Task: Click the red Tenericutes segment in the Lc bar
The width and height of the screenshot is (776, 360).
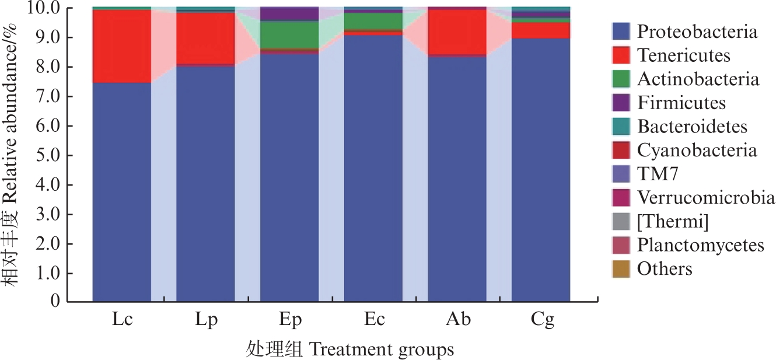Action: pyautogui.click(x=121, y=46)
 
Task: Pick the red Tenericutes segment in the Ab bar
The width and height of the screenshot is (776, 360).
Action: pyautogui.click(x=457, y=32)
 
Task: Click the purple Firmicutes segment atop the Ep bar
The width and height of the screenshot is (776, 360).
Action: pyautogui.click(x=289, y=13)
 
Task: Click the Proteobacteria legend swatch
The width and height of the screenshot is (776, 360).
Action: pyautogui.click(x=621, y=31)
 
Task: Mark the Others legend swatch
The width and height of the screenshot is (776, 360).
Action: pyautogui.click(x=621, y=269)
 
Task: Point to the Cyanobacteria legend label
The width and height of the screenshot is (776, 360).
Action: pyautogui.click(x=697, y=150)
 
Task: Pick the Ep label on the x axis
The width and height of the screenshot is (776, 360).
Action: pyautogui.click(x=289, y=320)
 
